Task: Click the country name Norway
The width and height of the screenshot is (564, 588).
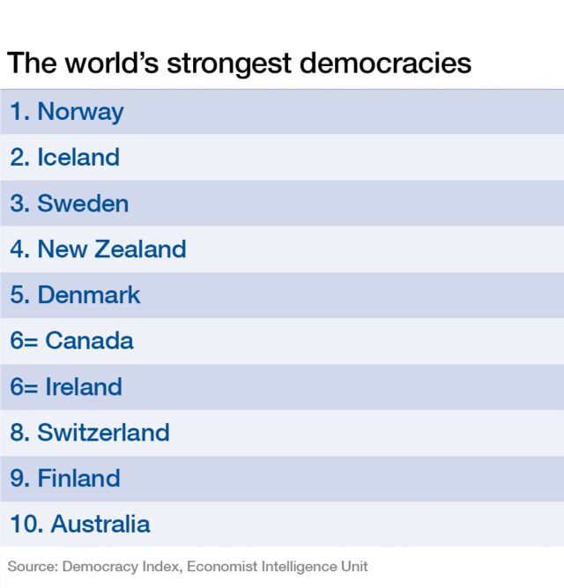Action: [x=80, y=112]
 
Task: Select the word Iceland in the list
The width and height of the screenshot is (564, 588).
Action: [x=78, y=158]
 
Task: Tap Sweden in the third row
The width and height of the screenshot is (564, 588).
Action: [x=83, y=204]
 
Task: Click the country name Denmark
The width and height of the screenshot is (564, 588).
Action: [x=89, y=295]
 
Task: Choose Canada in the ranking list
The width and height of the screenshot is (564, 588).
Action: [x=89, y=341]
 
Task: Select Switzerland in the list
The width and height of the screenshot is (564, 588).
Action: [x=103, y=433]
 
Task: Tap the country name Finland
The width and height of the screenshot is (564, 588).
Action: [x=78, y=479]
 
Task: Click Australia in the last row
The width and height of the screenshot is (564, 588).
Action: [x=100, y=525]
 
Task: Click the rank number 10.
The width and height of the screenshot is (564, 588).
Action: [x=26, y=525]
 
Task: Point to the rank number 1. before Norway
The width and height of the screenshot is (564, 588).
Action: [x=19, y=112]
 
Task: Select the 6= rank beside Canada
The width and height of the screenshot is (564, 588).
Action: [x=24, y=341]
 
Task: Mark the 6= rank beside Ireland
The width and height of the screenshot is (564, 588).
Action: [x=24, y=387]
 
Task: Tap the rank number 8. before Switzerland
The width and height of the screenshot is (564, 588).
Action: [x=19, y=433]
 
